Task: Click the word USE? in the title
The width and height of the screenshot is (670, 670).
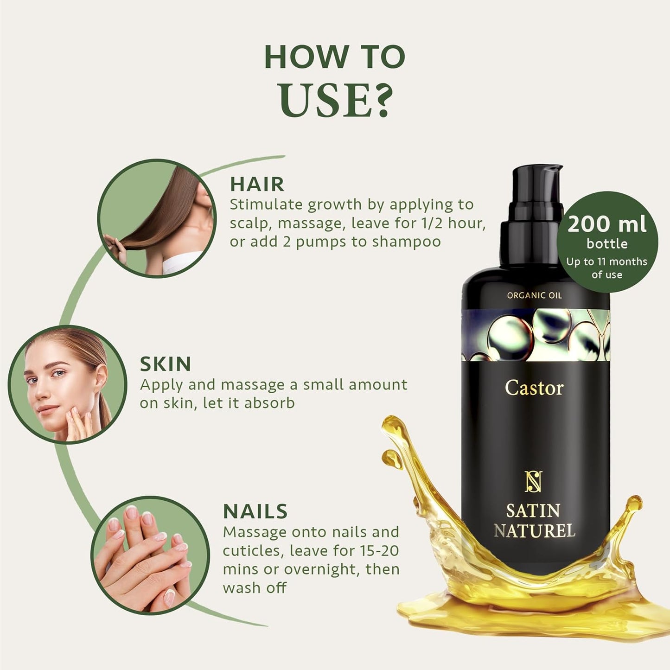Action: click(335, 100)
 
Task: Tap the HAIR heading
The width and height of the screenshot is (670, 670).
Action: click(257, 184)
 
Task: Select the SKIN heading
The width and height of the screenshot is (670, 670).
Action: click(166, 364)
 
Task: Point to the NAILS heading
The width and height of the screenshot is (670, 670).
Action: click(255, 511)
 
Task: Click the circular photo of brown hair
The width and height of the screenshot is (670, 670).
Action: click(157, 218)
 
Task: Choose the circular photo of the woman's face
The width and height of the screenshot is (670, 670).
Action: click(67, 384)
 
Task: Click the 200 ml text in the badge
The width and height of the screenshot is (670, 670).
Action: click(606, 224)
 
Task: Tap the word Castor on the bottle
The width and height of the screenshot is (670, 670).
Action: click(534, 388)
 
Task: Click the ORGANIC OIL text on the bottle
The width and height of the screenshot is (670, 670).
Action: click(534, 295)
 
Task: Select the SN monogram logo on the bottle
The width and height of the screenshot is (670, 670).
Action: click(534, 482)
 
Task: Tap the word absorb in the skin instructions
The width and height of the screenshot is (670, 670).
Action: click(269, 403)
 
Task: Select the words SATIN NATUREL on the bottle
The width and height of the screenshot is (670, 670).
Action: click(534, 521)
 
